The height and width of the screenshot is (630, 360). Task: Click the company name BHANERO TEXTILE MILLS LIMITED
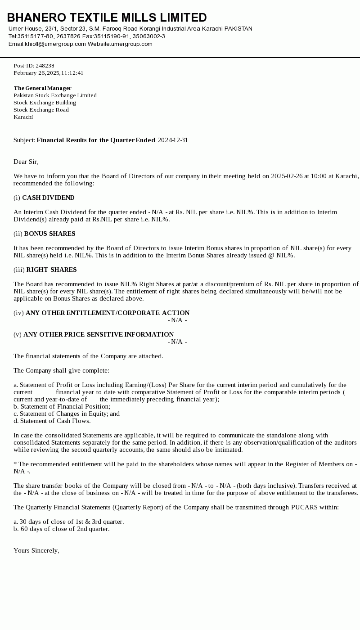(x=107, y=18)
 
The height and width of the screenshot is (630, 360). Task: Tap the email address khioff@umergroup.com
(x=55, y=44)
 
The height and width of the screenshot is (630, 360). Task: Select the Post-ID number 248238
(x=45, y=66)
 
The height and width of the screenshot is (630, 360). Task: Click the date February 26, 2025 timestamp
(x=48, y=73)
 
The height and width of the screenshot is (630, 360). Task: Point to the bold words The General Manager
(x=42, y=88)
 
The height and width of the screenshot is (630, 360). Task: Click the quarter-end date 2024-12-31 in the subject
(x=173, y=140)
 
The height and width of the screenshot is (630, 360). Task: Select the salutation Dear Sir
(x=26, y=162)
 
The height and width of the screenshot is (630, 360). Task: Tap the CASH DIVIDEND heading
(x=48, y=198)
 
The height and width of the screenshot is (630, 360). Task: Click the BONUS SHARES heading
(x=49, y=234)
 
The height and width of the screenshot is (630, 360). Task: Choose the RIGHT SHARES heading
(x=51, y=270)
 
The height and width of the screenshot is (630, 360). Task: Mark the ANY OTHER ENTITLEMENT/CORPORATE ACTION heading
(x=108, y=313)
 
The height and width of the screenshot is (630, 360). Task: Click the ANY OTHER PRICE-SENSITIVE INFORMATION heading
(x=99, y=334)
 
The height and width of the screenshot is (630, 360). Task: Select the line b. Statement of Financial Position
(x=62, y=406)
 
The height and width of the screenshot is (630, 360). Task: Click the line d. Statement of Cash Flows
(x=52, y=421)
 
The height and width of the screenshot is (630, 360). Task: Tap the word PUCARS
(x=305, y=507)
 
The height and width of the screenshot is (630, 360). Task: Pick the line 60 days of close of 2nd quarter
(x=62, y=529)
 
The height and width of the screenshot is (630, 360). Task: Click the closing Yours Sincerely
(x=36, y=550)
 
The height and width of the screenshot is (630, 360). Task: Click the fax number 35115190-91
(x=112, y=36)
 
